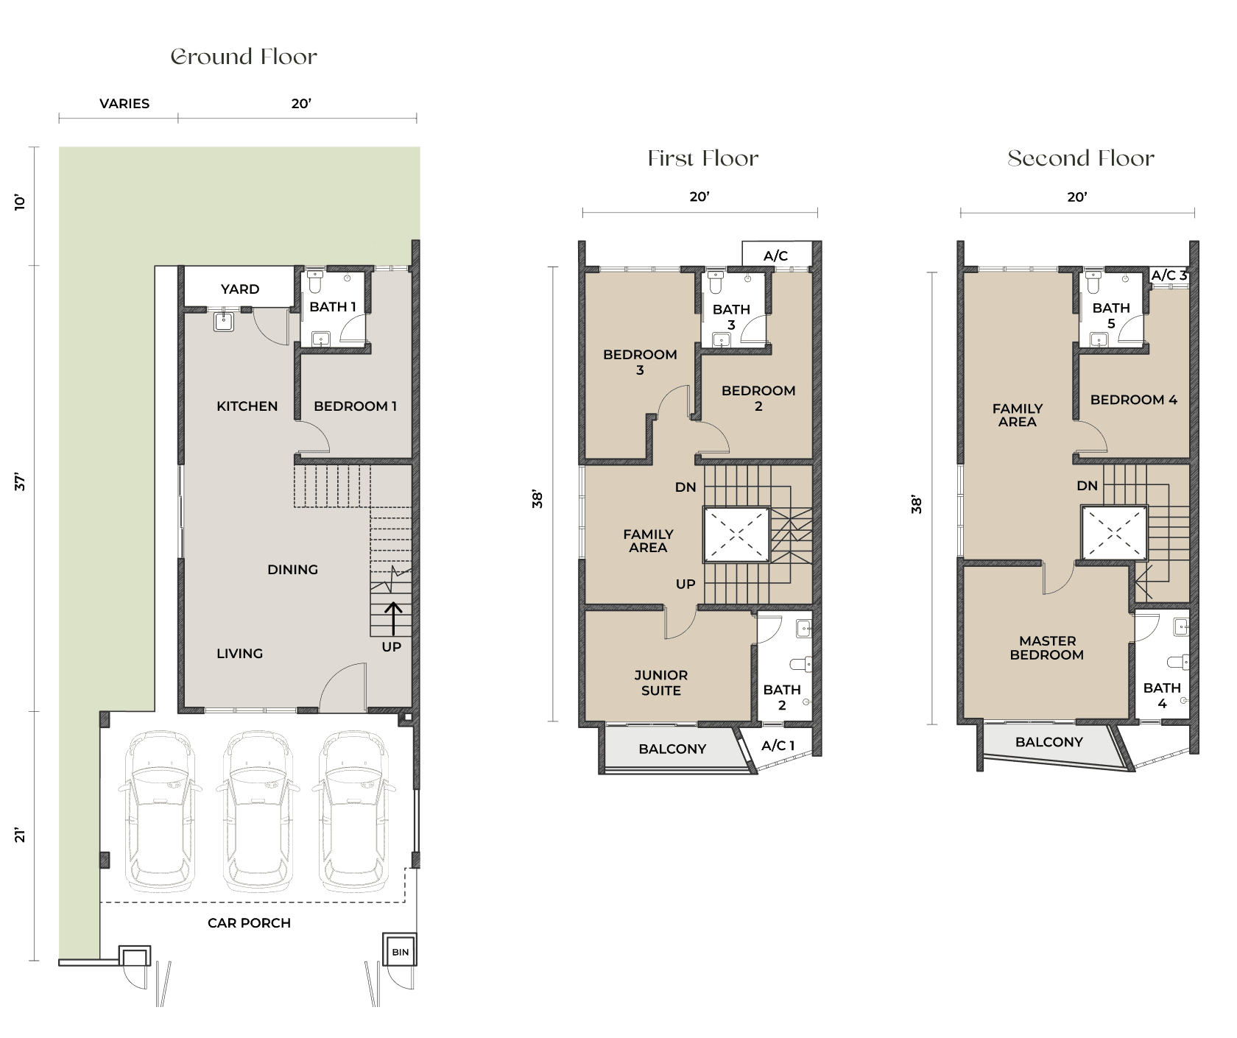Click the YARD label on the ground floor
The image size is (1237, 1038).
tap(240, 289)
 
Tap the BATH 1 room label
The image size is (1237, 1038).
tap(333, 307)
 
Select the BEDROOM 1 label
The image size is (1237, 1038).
tap(355, 406)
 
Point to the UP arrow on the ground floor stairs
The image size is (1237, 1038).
tap(394, 618)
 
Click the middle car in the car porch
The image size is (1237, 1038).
tap(258, 810)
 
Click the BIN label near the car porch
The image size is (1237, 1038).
tap(400, 953)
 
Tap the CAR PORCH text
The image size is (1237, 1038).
tap(249, 923)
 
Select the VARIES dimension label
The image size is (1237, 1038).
tap(124, 104)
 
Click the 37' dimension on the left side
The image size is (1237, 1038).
tap(20, 483)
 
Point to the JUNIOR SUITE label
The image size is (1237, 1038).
tap(660, 683)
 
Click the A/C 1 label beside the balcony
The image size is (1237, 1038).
tap(778, 746)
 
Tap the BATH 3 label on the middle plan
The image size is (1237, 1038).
tap(731, 317)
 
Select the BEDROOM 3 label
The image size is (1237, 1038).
tap(640, 362)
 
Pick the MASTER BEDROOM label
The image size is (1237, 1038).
tap(1047, 648)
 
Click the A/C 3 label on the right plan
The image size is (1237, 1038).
tap(1169, 276)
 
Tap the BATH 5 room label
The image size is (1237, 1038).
tap(1111, 316)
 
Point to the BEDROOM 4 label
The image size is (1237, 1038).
tap(1134, 400)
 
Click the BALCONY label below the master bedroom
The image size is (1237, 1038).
tap(1049, 742)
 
